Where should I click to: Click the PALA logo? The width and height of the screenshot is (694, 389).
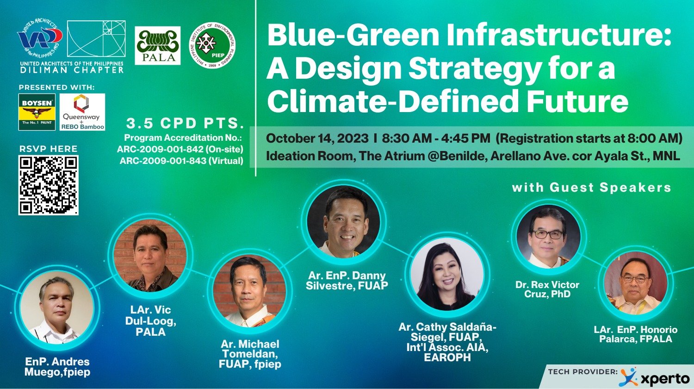tap(157, 45)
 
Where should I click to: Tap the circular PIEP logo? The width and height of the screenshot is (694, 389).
tap(212, 45)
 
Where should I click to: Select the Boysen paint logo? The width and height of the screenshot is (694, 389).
tap(37, 112)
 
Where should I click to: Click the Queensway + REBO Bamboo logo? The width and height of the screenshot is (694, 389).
tap(82, 112)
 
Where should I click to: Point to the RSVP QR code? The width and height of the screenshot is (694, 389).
tap(48, 185)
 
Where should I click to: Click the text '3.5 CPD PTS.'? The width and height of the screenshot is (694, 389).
tap(185, 124)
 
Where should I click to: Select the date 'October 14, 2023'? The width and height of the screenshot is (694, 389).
tap(317, 138)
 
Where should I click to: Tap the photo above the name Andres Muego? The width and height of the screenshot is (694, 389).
tap(57, 307)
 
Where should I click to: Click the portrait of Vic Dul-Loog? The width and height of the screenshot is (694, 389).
tap(150, 256)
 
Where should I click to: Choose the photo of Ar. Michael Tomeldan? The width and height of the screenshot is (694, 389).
tap(249, 291)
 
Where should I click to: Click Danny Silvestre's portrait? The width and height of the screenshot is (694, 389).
tap(343, 221)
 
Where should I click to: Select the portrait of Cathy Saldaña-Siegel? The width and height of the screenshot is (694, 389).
tap(447, 274)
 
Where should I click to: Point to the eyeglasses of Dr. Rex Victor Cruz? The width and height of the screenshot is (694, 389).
tap(547, 234)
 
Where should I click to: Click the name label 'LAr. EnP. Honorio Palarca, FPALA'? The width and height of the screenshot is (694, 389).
tap(636, 334)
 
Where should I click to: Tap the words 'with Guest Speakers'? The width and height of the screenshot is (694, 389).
tap(591, 188)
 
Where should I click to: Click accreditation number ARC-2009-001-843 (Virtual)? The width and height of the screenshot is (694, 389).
tap(181, 161)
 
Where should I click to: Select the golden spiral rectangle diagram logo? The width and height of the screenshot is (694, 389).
tap(96, 39)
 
